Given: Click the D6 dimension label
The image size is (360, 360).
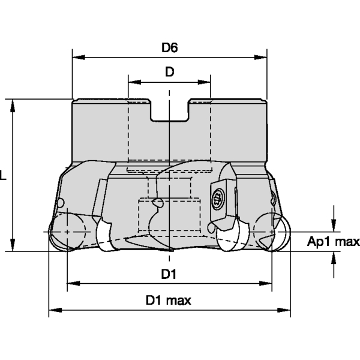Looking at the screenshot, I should coord(170,47).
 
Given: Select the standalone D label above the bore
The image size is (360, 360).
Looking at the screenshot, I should coord(170,72).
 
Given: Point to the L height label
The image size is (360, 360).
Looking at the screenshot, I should coord(4,176).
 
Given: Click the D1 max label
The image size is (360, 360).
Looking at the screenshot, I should coord(169,300).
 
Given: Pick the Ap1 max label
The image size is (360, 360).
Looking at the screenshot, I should coord(333,242).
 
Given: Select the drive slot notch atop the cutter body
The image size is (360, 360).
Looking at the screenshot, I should coord(170,111).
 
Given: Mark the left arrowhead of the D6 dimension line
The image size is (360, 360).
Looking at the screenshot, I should coord(76,58).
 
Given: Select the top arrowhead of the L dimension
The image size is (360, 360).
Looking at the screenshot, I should coord(13,104).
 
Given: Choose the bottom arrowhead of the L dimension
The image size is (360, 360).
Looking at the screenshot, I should coord(13,248).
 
